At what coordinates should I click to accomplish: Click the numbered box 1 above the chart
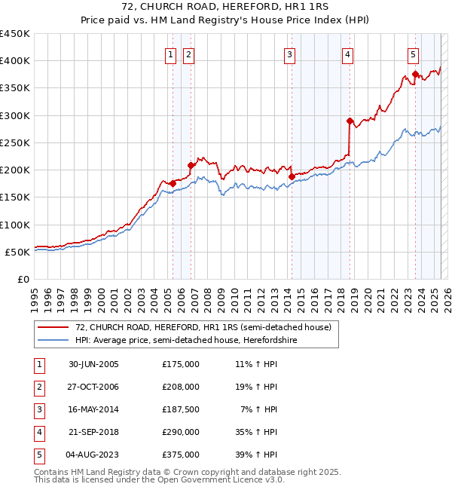click(171, 54)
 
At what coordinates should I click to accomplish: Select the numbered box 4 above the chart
click(347, 54)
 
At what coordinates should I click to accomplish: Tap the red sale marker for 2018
click(350, 121)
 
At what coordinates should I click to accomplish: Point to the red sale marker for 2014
click(292, 176)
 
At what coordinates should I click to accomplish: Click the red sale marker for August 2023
click(415, 74)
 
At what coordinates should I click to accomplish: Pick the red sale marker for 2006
click(191, 165)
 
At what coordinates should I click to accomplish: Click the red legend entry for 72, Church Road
click(203, 327)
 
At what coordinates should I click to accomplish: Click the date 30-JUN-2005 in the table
click(93, 364)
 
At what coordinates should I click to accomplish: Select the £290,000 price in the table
click(181, 433)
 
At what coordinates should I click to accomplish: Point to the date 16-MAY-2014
click(93, 410)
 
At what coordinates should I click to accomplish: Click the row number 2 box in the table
click(38, 387)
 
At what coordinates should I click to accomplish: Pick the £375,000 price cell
click(181, 455)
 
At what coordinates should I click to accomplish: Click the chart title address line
click(226, 7)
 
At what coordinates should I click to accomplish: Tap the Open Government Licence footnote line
click(160, 479)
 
